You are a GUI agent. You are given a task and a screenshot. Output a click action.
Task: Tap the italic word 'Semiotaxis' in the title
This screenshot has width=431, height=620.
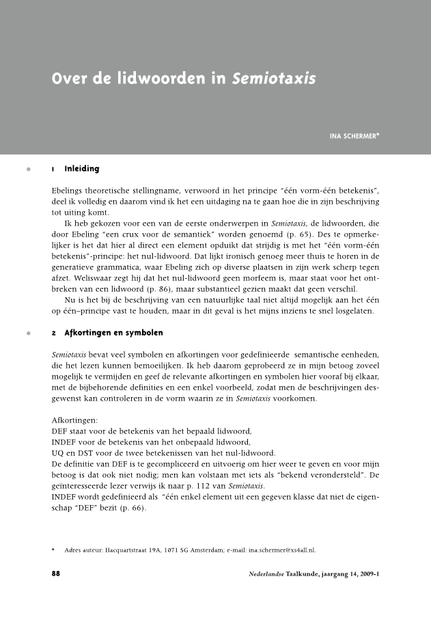273,79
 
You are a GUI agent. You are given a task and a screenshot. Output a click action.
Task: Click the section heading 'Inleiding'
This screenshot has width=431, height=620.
81,169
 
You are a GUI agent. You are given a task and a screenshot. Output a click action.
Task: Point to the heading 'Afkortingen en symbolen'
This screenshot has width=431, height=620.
113,333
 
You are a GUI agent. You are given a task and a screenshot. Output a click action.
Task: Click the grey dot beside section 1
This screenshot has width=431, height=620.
28,169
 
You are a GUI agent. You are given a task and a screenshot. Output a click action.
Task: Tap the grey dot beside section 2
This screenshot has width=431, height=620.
28,334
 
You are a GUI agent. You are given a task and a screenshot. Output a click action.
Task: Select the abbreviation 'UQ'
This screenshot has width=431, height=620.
58,453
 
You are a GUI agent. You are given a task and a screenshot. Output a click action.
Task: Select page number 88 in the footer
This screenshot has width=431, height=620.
57,574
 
